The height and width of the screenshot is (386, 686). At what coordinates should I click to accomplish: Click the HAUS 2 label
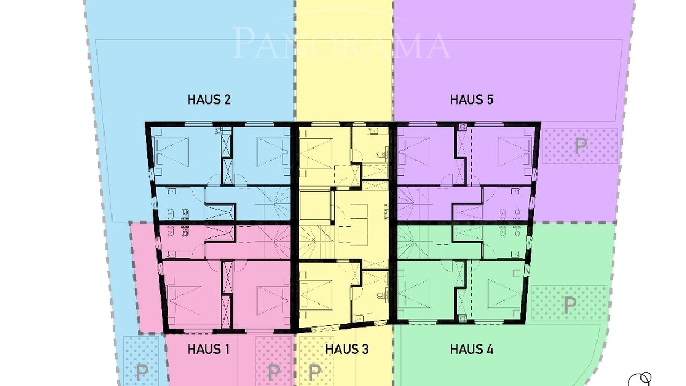209,100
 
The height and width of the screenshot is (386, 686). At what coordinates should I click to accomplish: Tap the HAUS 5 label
472,100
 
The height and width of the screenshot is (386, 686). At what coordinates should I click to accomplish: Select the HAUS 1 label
208,349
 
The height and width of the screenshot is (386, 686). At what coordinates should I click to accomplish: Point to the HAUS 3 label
347,349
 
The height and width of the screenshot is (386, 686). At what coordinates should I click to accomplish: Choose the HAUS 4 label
472,349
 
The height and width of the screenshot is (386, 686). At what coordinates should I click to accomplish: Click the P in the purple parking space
580,146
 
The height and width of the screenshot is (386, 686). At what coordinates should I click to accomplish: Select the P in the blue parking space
142,372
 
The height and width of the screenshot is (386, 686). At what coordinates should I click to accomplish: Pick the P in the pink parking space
273,372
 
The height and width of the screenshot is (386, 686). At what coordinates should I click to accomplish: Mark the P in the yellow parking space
315,372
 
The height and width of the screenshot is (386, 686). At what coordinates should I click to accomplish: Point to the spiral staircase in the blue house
273,203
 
